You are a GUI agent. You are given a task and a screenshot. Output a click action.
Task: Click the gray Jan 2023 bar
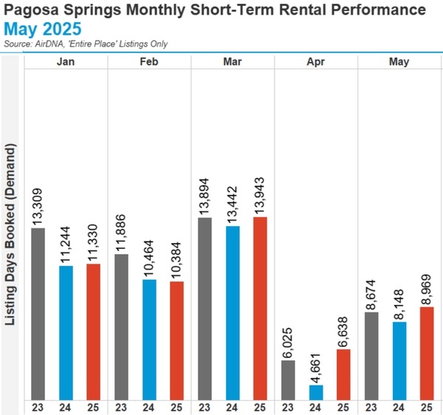[39, 312]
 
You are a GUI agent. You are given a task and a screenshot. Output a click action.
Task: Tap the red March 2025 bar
[260, 307]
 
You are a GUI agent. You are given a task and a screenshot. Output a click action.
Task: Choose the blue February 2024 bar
[149, 338]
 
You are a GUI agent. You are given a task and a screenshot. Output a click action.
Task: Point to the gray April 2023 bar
[289, 379]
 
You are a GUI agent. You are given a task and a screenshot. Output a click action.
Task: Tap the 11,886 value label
[121, 232]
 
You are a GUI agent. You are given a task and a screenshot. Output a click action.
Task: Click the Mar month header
[233, 62]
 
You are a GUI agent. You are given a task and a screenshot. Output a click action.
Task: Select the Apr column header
[316, 62]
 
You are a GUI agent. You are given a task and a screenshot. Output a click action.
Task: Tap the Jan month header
[66, 62]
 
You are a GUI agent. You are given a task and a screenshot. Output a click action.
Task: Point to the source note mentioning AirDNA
[86, 44]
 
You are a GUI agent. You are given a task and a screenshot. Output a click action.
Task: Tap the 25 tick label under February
[176, 405]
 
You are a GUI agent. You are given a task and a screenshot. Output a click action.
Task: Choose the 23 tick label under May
[371, 405]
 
